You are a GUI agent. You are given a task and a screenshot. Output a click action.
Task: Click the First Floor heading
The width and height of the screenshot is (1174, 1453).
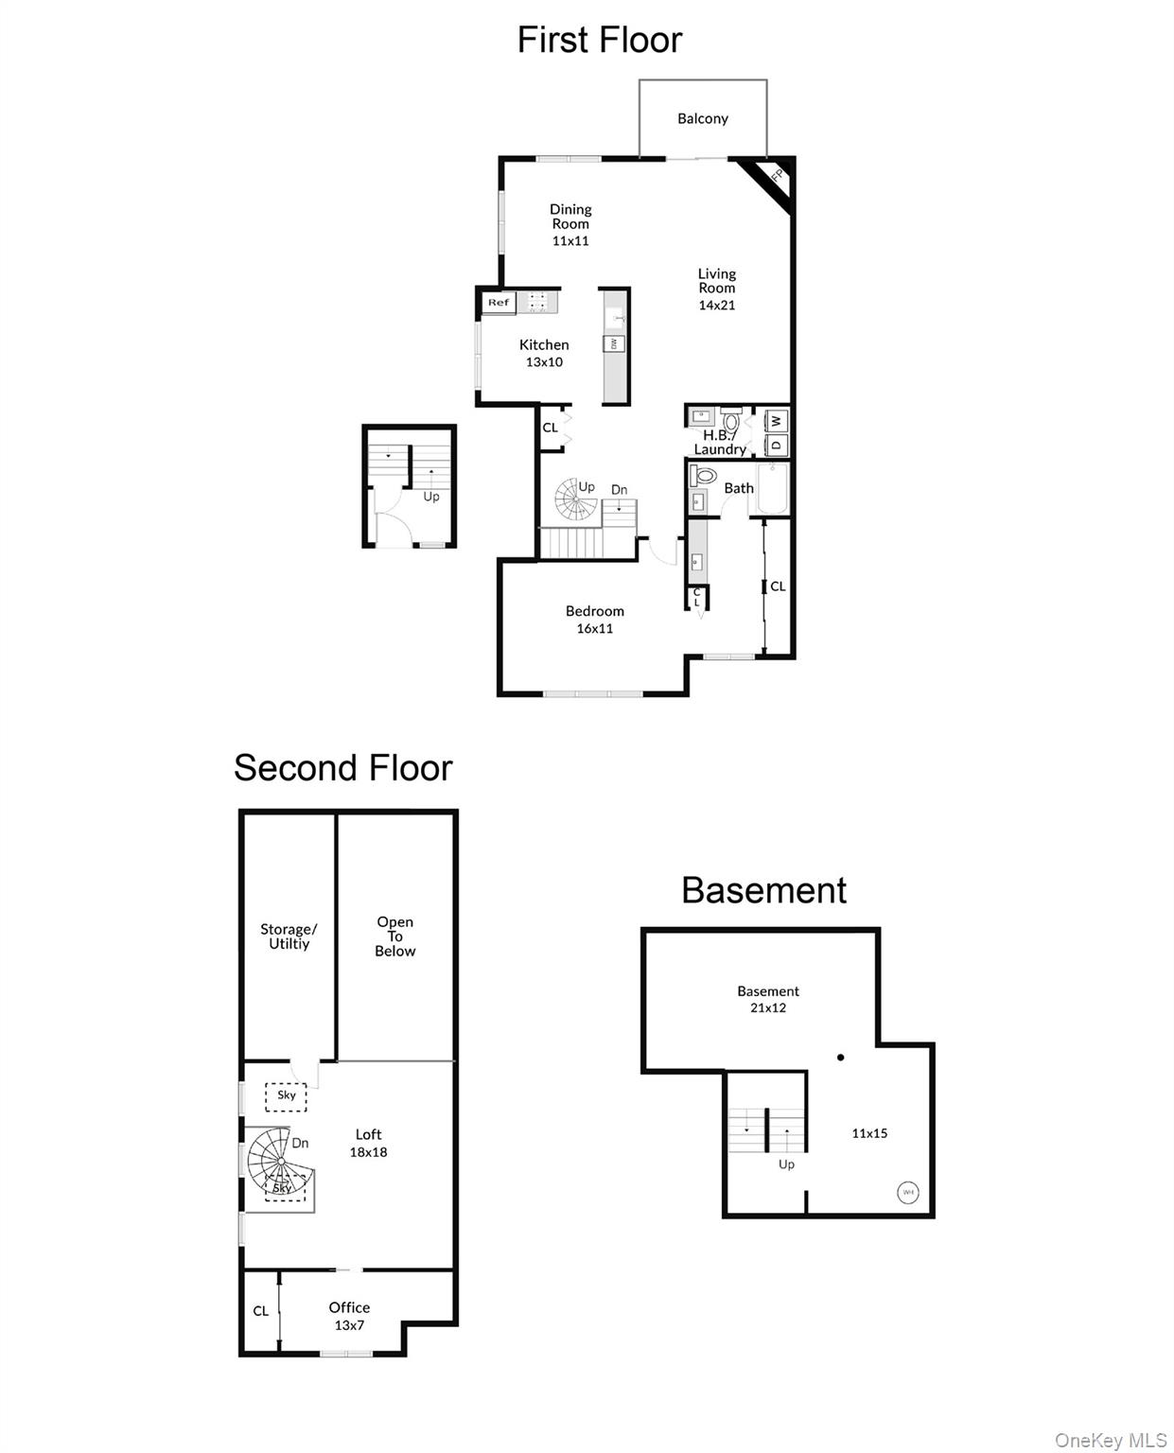click(599, 40)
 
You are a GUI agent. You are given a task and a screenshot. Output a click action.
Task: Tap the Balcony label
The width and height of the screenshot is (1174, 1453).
click(702, 118)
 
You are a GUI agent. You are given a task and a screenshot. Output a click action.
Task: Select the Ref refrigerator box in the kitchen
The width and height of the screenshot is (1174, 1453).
click(498, 302)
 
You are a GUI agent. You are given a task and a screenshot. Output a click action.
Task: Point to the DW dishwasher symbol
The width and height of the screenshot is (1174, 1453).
click(613, 343)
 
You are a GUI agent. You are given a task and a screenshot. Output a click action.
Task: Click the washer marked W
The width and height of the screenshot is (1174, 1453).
click(776, 421)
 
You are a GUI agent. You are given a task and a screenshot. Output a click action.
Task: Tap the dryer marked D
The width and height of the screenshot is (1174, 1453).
click(776, 446)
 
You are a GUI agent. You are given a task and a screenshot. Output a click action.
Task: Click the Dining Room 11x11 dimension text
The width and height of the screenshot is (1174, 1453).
click(569, 241)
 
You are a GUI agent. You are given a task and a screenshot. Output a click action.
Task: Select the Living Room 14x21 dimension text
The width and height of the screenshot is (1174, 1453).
click(716, 305)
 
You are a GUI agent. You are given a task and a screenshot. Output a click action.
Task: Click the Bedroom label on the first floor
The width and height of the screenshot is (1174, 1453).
click(594, 610)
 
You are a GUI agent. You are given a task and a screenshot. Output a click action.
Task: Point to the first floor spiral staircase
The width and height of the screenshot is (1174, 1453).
click(575, 499)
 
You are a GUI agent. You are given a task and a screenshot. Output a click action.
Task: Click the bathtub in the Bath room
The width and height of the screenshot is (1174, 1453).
click(772, 489)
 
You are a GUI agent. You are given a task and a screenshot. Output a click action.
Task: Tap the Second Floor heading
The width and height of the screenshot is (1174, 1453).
click(342, 767)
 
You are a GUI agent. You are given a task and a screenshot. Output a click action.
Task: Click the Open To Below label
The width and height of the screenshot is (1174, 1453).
click(394, 936)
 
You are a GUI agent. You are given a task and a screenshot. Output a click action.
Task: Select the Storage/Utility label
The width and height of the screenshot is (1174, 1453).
click(289, 936)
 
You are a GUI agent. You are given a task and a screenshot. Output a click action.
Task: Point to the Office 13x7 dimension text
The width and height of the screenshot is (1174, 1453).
click(348, 1324)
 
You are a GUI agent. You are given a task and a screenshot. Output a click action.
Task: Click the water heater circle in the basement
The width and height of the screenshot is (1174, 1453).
click(907, 1192)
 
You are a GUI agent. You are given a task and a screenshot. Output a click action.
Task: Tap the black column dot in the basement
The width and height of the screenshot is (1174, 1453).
click(840, 1058)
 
